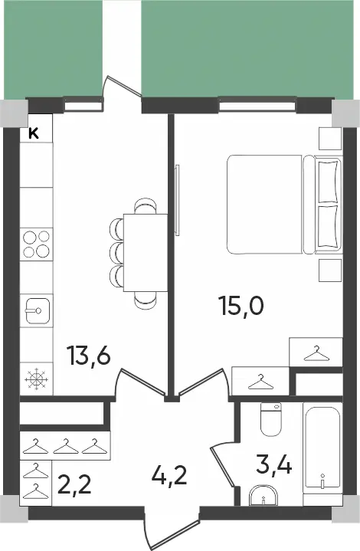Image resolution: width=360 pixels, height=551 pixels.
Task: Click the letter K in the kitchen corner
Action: (x=34, y=133)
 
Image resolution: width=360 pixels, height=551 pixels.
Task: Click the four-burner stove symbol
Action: (x=36, y=243)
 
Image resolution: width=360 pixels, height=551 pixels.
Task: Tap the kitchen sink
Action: (x=36, y=311)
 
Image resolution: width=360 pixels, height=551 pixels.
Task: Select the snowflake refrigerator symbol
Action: (x=36, y=379)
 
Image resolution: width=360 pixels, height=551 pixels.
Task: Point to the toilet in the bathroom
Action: (x=270, y=419)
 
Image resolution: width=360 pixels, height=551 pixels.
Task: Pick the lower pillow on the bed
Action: (x=326, y=228)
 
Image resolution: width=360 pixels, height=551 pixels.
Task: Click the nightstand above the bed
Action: (x=330, y=138)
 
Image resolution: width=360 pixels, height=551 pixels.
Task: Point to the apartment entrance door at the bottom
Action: (x=170, y=529)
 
